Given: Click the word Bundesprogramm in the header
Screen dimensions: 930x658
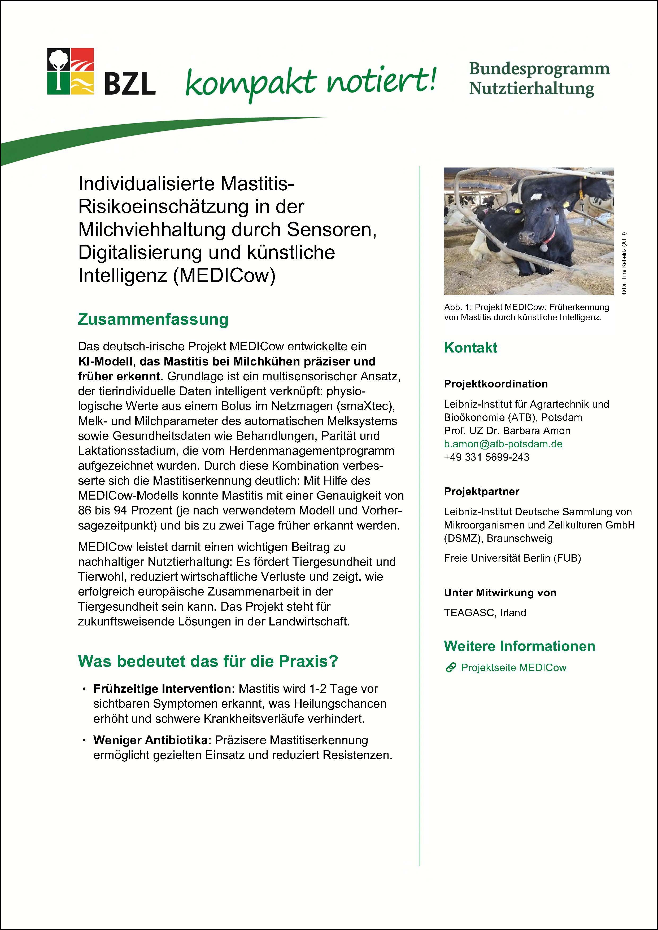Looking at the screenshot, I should (x=539, y=69).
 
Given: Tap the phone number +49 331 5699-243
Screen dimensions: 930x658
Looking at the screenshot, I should (x=486, y=457).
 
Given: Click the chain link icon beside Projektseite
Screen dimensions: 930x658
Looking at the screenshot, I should (x=450, y=668).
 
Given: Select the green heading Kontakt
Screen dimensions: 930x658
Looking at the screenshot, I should (x=470, y=347).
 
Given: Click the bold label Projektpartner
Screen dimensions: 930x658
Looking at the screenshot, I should (x=481, y=491).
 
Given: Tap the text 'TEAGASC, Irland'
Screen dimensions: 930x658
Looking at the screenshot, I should (x=485, y=612).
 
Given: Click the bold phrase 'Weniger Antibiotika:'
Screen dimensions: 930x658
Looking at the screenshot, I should (x=152, y=740).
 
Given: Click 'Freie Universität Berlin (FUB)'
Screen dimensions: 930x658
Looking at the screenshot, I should (x=512, y=558).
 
